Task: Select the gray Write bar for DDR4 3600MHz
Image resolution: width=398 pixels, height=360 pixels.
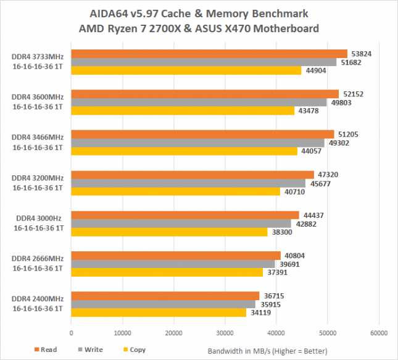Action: [x=199, y=103]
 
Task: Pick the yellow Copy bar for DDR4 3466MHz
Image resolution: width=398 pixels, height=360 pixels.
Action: [x=184, y=151]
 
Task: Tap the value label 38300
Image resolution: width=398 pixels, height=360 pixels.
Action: [x=280, y=232]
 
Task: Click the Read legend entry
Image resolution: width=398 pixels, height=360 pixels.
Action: [x=44, y=350]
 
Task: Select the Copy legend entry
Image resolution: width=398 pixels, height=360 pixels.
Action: [x=133, y=350]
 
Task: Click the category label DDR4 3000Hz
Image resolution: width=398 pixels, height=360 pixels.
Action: [x=38, y=219]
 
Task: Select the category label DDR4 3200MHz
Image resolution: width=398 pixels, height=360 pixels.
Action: [x=37, y=178]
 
